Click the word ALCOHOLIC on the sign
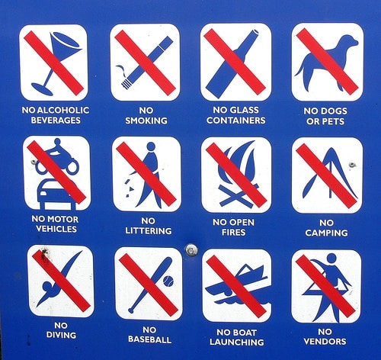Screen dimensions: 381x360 (63, 111)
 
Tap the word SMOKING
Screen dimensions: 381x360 (146, 121)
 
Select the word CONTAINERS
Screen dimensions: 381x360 (236, 121)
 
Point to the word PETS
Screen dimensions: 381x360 (333, 121)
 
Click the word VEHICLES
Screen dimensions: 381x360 (56, 229)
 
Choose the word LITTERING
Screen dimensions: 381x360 (149, 231)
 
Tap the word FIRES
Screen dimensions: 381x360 (233, 233)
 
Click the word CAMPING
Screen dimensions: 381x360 (326, 233)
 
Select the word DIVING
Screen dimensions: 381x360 (61, 335)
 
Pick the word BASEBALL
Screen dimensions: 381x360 (149, 339)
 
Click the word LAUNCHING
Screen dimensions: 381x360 (237, 342)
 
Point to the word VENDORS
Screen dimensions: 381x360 (325, 342)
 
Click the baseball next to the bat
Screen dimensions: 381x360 (168, 281)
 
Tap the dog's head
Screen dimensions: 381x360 (351, 41)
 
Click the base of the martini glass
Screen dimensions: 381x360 (42, 89)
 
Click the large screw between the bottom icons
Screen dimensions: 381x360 (191, 250)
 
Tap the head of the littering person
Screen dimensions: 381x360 (151, 146)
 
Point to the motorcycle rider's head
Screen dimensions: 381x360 (57, 142)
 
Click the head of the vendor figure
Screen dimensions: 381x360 (331, 259)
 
